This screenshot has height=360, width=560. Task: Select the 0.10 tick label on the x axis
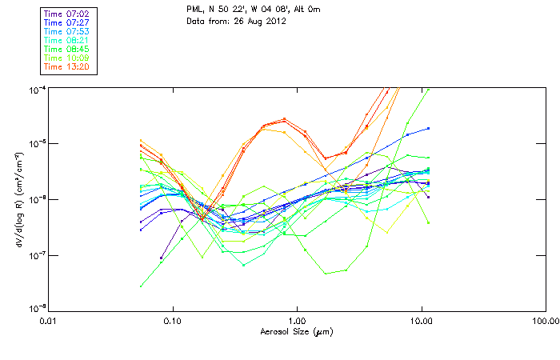(173, 321)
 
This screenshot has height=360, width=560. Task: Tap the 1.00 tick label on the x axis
(298, 321)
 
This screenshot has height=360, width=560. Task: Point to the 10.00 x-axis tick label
(422, 321)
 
